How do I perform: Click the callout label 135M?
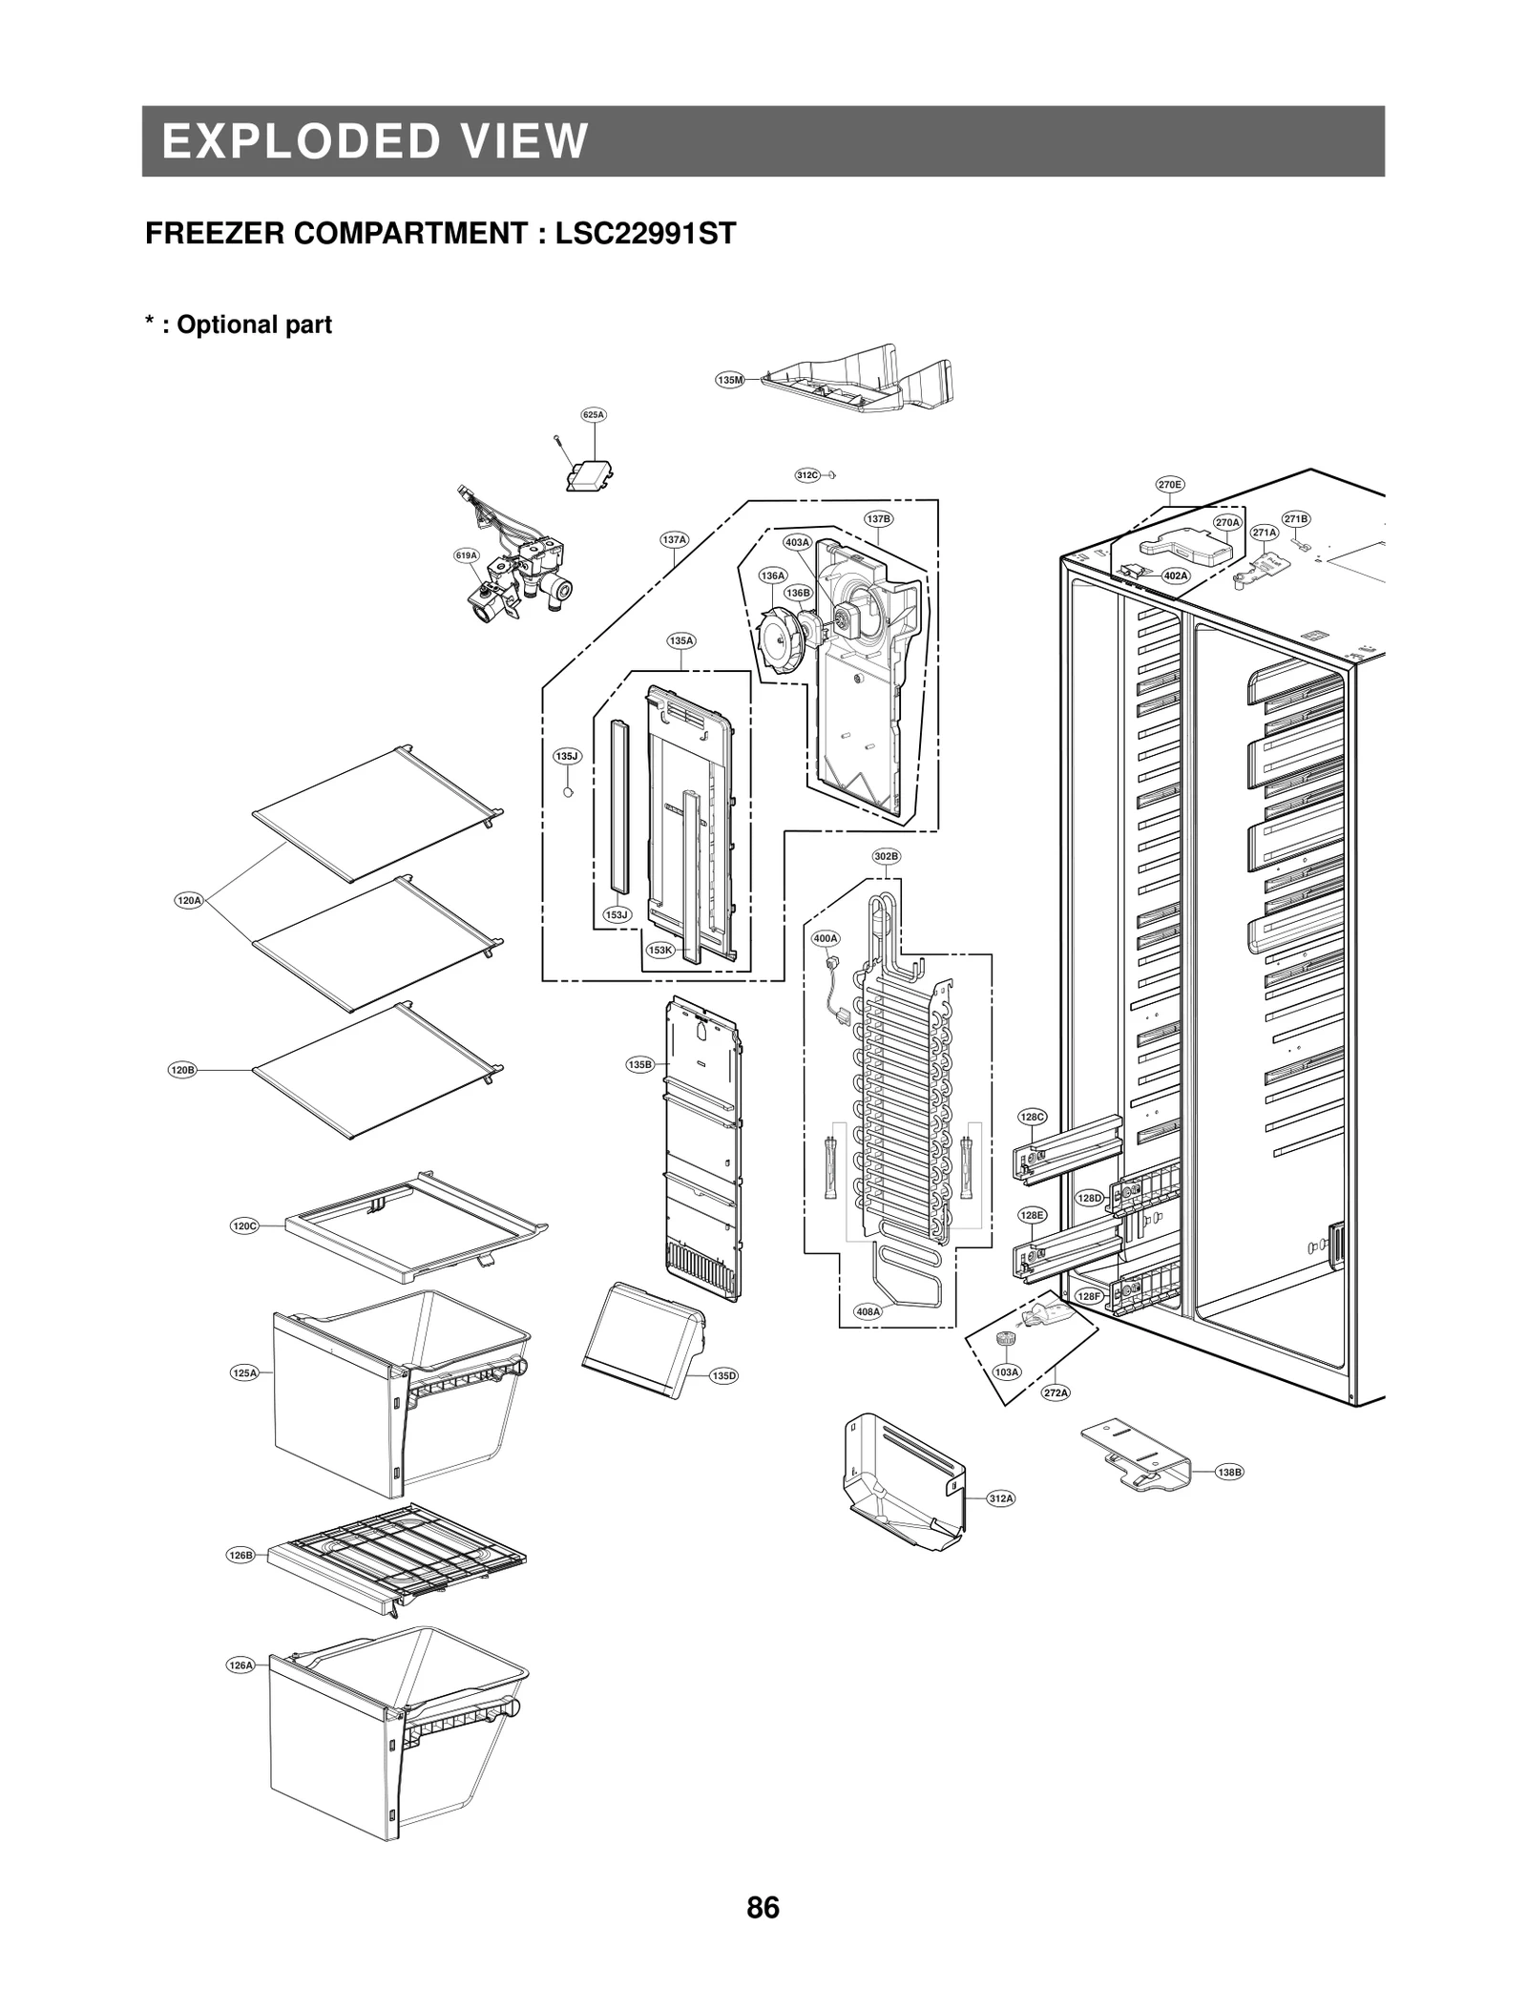click(729, 380)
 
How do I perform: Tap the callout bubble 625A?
click(594, 414)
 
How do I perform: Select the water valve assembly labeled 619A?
click(520, 582)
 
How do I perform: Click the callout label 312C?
click(807, 474)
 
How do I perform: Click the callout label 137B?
click(878, 518)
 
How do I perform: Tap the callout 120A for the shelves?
click(189, 900)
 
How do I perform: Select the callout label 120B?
click(182, 1070)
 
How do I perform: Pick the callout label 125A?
click(244, 1372)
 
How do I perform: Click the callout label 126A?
click(241, 1664)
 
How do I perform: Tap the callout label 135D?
click(724, 1375)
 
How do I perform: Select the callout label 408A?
click(868, 1311)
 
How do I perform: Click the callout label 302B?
click(886, 856)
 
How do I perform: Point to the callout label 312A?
click(1000, 1498)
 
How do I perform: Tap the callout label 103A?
click(1006, 1371)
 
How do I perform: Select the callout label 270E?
click(1170, 484)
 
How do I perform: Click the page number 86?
click(763, 1907)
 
